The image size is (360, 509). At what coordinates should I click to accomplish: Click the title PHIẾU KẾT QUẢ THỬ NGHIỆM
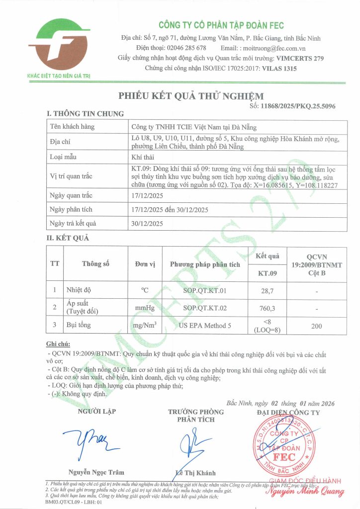tap(191, 96)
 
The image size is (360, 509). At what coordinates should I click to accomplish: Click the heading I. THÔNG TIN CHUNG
tap(85, 114)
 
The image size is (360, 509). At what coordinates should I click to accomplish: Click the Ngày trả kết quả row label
tap(72, 224)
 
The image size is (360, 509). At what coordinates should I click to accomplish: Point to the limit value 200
tap(316, 326)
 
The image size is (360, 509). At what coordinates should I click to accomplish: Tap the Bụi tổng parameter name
tap(80, 326)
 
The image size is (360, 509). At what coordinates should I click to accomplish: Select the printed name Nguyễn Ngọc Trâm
tap(96, 472)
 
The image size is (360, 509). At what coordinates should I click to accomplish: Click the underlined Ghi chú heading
tap(58, 343)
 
